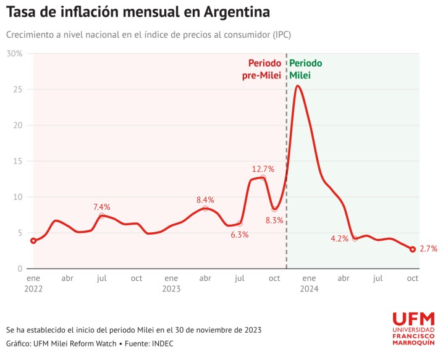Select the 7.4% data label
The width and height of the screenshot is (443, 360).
[x=102, y=207]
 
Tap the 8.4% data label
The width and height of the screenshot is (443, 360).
[x=205, y=199]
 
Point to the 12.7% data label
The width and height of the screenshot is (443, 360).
[x=263, y=169]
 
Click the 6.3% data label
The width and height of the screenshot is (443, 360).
[x=239, y=235]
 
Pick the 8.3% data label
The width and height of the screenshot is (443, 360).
[x=274, y=220]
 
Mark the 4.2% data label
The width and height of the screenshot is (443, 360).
[x=340, y=238]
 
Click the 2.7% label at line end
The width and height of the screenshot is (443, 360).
[x=428, y=249]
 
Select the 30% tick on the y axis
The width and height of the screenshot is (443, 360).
[x=15, y=54]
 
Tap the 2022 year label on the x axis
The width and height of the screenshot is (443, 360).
[x=33, y=288]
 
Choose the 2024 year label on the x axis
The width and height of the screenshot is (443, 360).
[x=308, y=288]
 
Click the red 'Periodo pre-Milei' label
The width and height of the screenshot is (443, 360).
[x=264, y=69]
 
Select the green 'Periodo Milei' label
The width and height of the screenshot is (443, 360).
[x=305, y=69]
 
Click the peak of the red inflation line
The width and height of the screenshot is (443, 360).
[x=298, y=86]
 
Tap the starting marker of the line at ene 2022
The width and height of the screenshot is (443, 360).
[x=33, y=241]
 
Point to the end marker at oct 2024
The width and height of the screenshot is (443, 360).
[x=412, y=249]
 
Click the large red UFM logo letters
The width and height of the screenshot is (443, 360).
[x=413, y=320]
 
